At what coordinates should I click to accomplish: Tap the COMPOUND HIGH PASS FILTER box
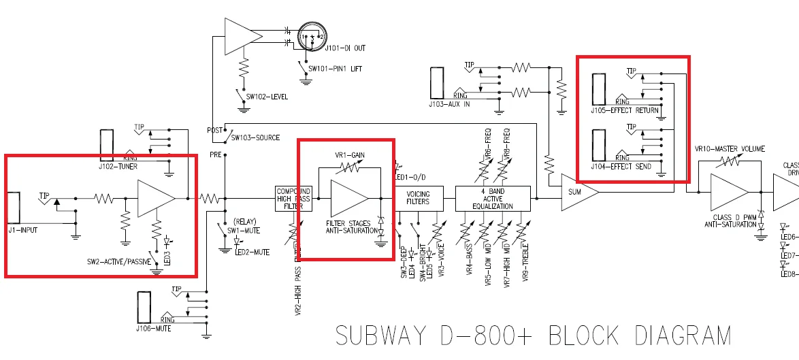(293, 198)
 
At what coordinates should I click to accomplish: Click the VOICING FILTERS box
(418, 197)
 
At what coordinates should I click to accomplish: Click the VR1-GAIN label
(350, 154)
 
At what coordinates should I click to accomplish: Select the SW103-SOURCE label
(255, 137)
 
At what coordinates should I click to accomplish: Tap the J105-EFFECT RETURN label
(624, 110)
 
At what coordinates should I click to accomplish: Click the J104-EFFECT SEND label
(621, 167)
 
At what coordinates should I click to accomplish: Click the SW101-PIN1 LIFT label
(336, 69)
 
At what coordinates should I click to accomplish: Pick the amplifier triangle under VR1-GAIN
(347, 198)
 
